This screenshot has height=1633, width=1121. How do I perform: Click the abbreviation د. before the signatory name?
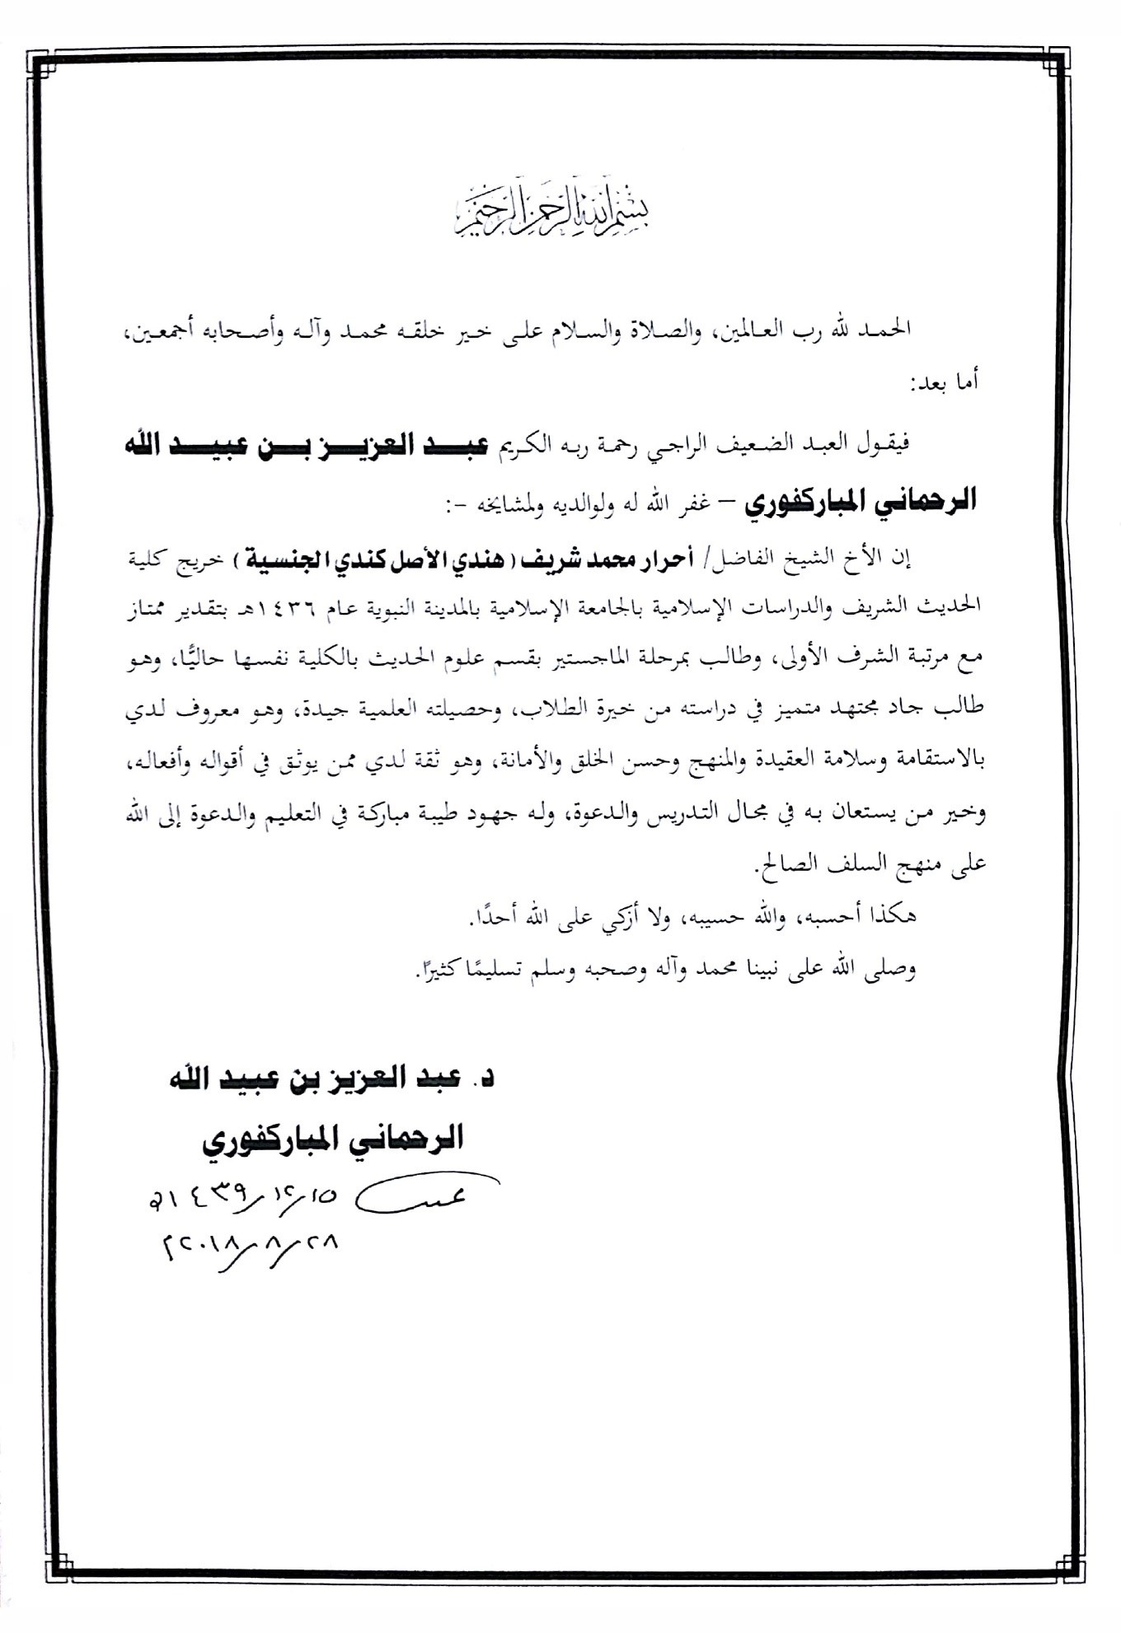tap(486, 1078)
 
